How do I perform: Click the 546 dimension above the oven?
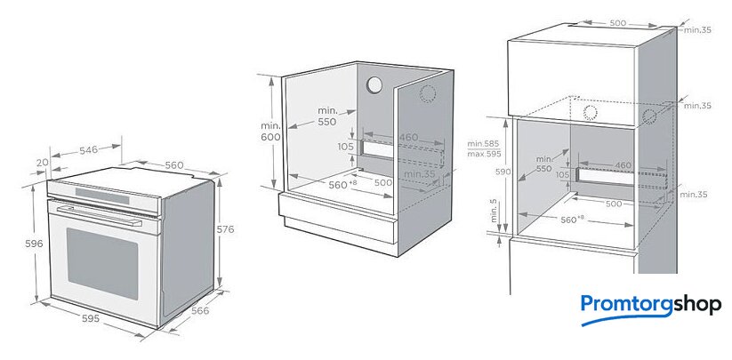88,150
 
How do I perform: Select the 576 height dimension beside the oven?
226,229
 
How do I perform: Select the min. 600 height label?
271,131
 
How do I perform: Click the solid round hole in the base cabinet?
374,85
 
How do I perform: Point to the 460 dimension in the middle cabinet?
408,137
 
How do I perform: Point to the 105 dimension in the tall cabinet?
563,175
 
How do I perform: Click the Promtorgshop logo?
651,306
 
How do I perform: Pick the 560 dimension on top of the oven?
173,165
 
